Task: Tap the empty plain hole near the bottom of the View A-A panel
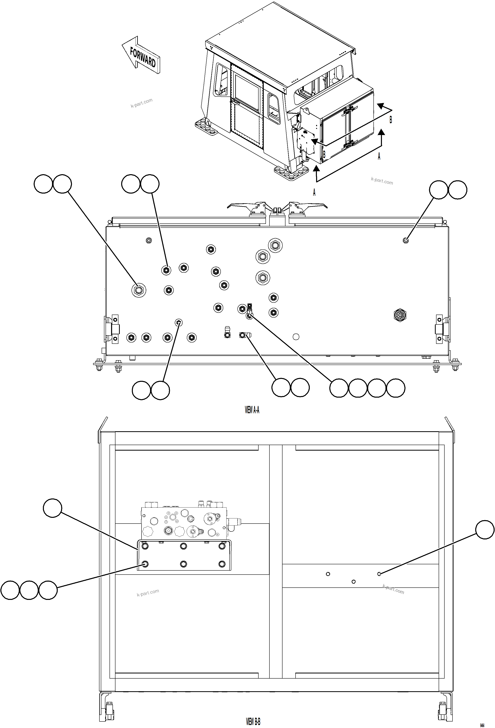pos(296,337)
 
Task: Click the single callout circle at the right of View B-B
pos(485,529)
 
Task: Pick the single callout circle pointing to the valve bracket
pos(52,508)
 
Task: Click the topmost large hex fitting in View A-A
pos(275,245)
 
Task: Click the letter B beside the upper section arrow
pos(391,120)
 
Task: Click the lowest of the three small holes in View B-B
pos(353,581)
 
